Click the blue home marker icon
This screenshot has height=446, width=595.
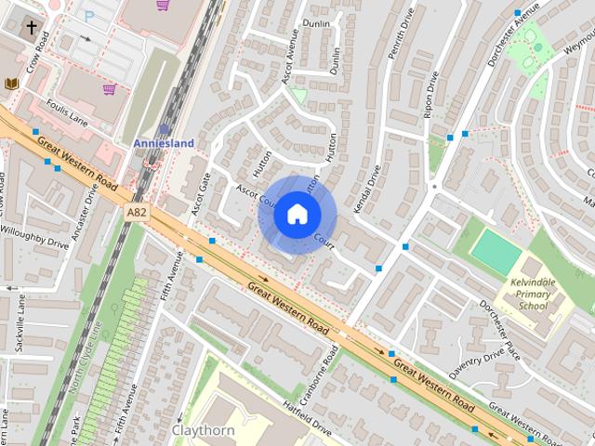tap(296, 214)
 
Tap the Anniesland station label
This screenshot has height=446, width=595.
tap(165, 143)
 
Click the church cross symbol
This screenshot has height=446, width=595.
tap(32, 28)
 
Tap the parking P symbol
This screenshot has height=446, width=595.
tap(89, 16)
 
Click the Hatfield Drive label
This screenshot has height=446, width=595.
tap(307, 417)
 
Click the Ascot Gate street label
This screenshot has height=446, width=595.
tap(199, 195)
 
